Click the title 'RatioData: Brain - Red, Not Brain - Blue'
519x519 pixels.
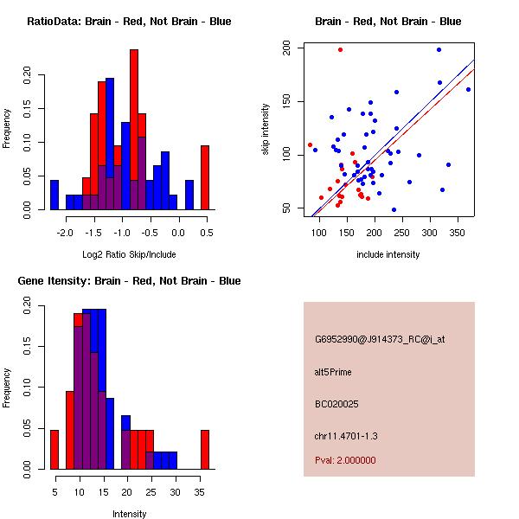129,22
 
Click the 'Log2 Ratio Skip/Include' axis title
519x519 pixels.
129,254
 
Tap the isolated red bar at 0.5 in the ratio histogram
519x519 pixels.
205,177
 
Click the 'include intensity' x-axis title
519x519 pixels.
388,254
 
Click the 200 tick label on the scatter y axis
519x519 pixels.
285,49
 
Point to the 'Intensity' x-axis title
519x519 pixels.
130,514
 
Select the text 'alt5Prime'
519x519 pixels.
333,372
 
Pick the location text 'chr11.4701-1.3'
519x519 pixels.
345,435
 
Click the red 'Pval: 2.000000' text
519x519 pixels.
345,460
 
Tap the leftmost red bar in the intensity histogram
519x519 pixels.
54,450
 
